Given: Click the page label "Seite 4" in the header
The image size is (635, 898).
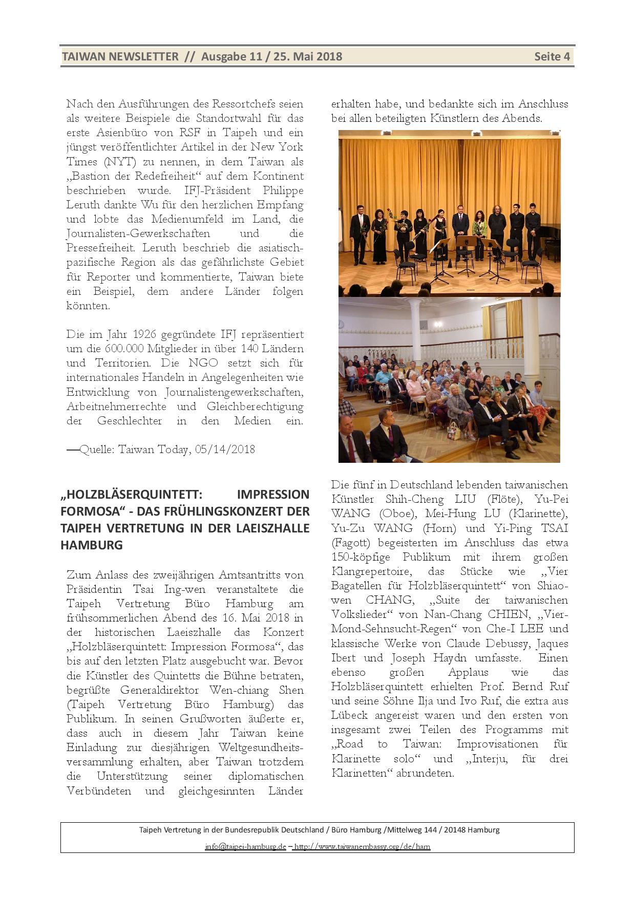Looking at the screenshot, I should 552,56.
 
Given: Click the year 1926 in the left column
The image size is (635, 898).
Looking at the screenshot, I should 145,334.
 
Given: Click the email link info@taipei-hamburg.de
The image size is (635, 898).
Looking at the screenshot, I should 245,846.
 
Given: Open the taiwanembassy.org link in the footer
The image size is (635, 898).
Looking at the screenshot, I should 362,846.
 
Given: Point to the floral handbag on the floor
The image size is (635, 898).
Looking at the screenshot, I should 453,430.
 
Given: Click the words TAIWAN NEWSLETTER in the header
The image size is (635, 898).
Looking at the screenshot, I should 120,56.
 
